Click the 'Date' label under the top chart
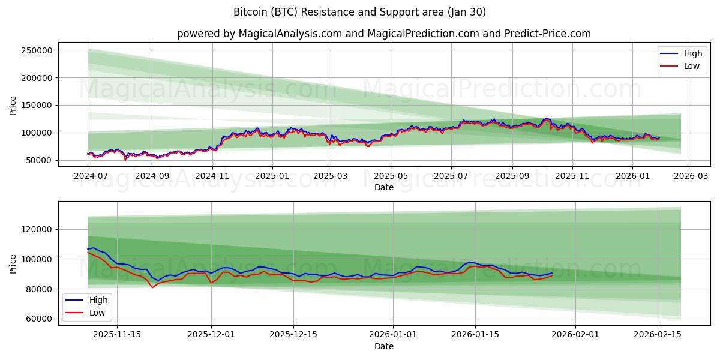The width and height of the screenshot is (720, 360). click(x=384, y=187)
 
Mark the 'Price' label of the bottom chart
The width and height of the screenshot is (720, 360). click(x=13, y=263)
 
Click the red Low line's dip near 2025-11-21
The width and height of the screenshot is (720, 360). click(x=152, y=287)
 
